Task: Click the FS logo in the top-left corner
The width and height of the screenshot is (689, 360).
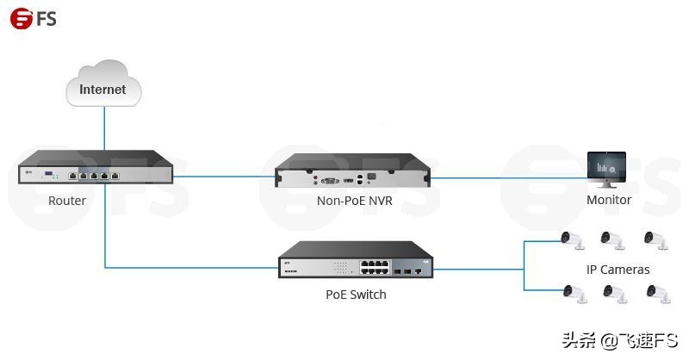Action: (x=34, y=18)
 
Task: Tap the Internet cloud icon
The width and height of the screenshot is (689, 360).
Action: (x=102, y=87)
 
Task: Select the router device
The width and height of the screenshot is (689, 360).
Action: (x=95, y=170)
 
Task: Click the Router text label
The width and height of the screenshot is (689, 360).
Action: (x=67, y=201)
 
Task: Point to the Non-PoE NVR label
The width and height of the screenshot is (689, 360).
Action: (x=355, y=201)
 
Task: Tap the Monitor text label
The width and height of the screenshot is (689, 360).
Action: (x=609, y=200)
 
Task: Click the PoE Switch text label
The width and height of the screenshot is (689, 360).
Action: (x=356, y=295)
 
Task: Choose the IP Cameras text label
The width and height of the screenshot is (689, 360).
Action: (x=618, y=270)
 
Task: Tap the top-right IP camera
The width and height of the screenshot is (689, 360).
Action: (x=655, y=240)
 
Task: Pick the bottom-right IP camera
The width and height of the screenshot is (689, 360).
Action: (x=655, y=294)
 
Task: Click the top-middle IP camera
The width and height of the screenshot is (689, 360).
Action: (x=613, y=240)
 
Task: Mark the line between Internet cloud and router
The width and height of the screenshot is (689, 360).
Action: (x=103, y=129)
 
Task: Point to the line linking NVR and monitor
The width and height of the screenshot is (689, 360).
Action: (x=508, y=178)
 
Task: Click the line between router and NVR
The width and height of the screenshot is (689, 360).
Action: (x=224, y=177)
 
